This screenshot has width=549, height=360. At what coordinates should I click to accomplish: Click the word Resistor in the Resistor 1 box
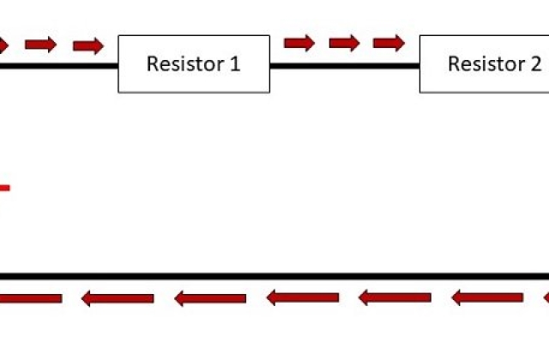click(x=185, y=64)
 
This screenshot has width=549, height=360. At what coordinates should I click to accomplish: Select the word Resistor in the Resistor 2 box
click(x=487, y=64)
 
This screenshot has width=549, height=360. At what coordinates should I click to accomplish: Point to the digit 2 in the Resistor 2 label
click(x=536, y=64)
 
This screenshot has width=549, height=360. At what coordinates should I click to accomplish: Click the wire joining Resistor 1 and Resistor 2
click(x=345, y=66)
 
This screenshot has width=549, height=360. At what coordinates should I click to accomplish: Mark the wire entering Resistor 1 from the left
click(x=59, y=66)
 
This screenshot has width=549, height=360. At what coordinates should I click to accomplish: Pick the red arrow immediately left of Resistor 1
click(x=88, y=45)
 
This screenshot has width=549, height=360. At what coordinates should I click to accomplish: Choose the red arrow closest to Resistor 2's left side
click(x=389, y=44)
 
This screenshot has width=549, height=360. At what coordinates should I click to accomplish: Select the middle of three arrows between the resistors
click(x=344, y=44)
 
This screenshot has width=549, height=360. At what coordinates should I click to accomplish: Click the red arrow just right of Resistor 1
click(x=299, y=44)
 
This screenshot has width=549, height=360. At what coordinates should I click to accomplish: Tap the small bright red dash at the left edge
click(x=5, y=189)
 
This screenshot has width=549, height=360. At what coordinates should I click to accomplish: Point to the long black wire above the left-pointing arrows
click(x=274, y=276)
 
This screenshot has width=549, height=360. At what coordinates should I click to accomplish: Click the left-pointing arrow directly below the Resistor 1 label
click(x=210, y=298)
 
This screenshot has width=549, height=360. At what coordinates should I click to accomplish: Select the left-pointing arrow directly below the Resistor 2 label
click(x=487, y=297)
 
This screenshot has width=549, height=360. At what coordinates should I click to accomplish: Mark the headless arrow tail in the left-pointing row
click(x=31, y=298)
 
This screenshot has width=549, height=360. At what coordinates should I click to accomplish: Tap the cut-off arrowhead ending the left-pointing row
click(x=546, y=297)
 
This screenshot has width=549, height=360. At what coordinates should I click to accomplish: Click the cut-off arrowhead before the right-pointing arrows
click(x=3, y=45)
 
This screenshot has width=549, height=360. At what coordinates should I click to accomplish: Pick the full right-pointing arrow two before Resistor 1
click(x=40, y=45)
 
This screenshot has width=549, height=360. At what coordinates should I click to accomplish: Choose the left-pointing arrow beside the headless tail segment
click(x=118, y=298)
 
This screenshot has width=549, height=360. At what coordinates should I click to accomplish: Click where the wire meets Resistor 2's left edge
click(x=419, y=66)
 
